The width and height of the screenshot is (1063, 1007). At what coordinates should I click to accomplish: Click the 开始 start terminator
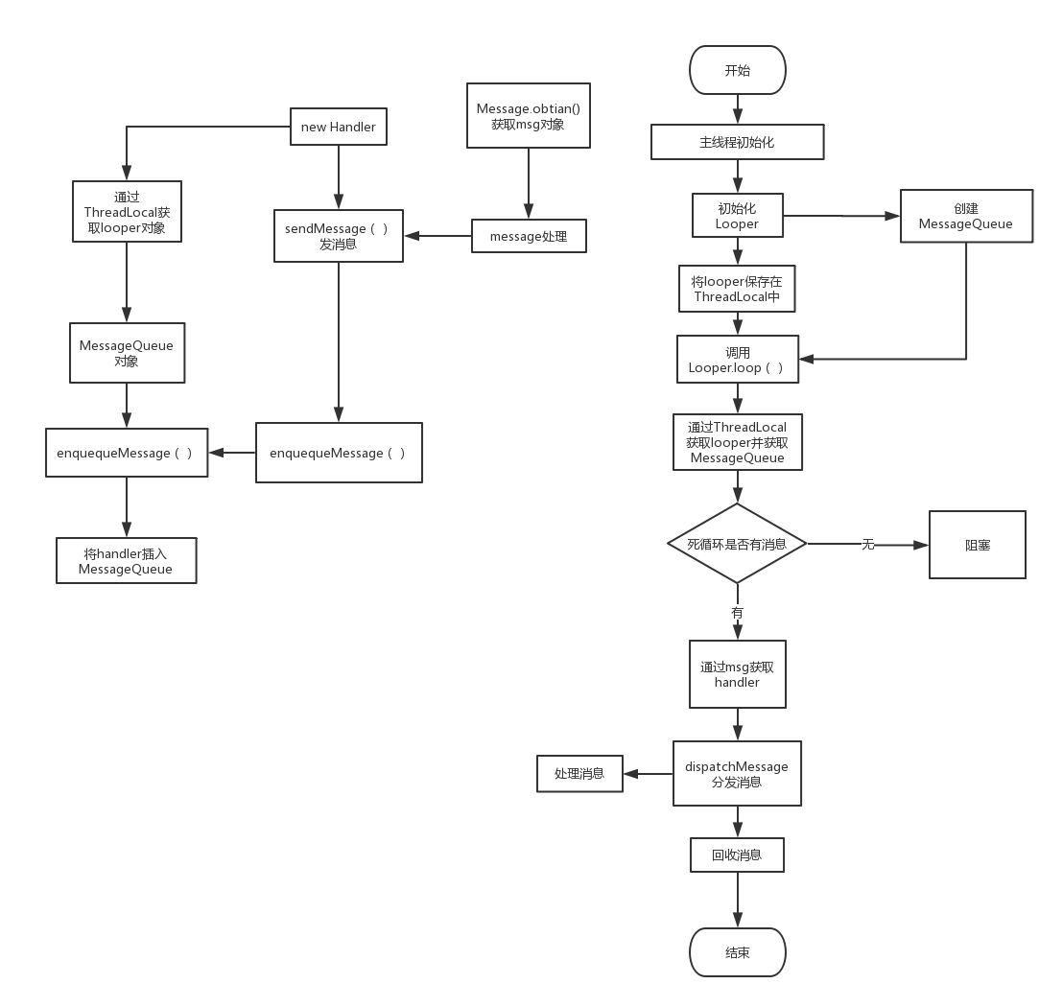coord(737,70)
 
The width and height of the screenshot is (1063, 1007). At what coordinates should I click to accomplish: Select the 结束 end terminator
coord(737,952)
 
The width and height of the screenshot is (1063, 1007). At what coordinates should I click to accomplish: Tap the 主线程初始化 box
coord(737,143)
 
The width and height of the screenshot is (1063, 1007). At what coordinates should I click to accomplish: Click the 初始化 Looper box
coord(737,216)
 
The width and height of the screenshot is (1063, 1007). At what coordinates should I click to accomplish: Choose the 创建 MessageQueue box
coord(966,216)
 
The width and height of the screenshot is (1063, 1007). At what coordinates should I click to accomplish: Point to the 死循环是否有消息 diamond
coord(737,544)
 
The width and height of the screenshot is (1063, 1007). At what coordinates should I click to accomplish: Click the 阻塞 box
coord(977,545)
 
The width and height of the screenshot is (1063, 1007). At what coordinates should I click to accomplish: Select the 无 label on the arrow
coord(867,545)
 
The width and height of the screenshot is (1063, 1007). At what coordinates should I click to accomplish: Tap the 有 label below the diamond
coord(737,612)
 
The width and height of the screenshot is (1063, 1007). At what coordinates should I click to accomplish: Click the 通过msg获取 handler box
coord(737,674)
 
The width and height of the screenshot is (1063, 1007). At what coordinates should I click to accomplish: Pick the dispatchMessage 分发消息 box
coord(737,773)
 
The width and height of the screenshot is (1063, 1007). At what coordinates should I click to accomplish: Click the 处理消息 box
coord(579,773)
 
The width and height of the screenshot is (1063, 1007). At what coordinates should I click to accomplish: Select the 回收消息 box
coord(737,855)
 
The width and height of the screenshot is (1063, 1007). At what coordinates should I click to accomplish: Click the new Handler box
coord(338,127)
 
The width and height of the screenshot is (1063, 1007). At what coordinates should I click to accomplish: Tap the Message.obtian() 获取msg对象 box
coord(528,116)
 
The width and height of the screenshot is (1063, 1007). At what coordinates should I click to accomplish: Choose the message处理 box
coord(529,236)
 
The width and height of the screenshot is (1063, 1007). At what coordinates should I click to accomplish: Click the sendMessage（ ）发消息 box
coord(338,236)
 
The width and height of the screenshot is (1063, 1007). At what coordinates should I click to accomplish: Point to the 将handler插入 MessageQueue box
coord(127,561)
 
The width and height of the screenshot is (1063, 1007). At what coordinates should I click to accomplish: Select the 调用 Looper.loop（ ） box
coord(737,360)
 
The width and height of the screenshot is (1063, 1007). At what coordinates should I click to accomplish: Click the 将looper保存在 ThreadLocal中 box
coord(737,289)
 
